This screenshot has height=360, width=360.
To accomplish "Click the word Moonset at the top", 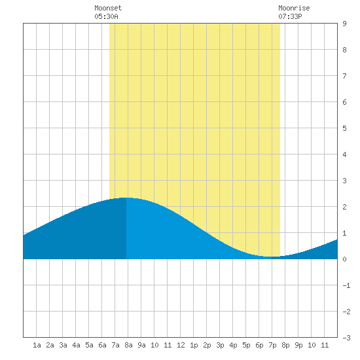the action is pyautogui.click(x=108, y=8).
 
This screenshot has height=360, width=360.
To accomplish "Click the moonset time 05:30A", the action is pyautogui.click(x=106, y=16).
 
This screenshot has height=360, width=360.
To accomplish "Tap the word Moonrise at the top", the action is pyautogui.click(x=294, y=8).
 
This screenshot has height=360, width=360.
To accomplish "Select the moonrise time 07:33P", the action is pyautogui.click(x=290, y=16).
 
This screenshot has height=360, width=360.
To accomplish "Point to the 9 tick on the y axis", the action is pyautogui.click(x=344, y=24).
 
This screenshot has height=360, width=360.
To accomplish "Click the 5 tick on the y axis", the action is pyautogui.click(x=344, y=128).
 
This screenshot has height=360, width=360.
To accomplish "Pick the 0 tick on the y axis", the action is pyautogui.click(x=344, y=259).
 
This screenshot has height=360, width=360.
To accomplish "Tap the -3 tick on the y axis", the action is pyautogui.click(x=346, y=338).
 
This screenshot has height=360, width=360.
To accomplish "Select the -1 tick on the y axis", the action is pyautogui.click(x=346, y=285).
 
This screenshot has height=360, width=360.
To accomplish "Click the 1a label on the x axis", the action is pyautogui.click(x=37, y=345).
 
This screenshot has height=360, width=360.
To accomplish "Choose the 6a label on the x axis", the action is pyautogui.click(x=102, y=345).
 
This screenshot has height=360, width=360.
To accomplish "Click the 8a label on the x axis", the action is pyautogui.click(x=128, y=345).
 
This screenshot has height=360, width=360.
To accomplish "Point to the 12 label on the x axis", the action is pyautogui.click(x=181, y=345).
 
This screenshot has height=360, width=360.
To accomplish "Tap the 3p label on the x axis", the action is pyautogui.click(x=220, y=345).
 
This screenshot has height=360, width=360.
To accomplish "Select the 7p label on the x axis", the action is pyautogui.click(x=272, y=345).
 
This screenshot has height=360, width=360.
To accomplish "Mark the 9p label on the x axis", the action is pyautogui.click(x=298, y=345).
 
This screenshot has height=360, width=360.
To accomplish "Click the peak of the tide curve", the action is pyautogui.click(x=126, y=198).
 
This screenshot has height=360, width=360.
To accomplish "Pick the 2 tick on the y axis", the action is pyautogui.click(x=344, y=207).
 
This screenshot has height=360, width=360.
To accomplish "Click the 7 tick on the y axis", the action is pyautogui.click(x=344, y=76).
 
